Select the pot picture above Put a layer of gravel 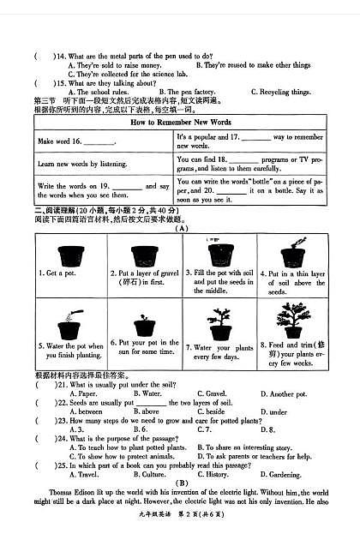tap(142, 254)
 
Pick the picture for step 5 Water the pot tap(67, 327)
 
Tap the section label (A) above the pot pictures tap(181, 229)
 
